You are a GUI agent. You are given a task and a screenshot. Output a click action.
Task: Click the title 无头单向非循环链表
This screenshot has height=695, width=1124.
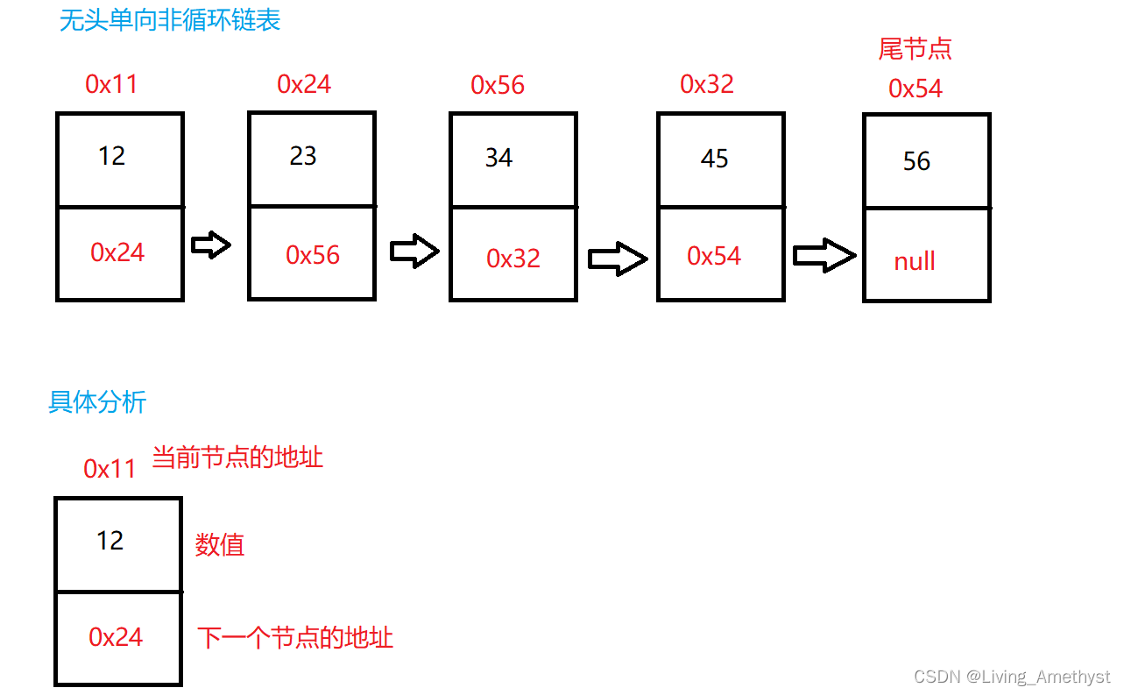tap(170, 20)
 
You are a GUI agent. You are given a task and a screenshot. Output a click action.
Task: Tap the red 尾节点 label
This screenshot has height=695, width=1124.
tap(915, 49)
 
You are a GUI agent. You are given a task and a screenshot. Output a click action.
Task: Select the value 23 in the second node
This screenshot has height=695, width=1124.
tap(303, 156)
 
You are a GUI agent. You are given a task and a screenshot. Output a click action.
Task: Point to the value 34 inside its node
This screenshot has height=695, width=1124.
tap(498, 158)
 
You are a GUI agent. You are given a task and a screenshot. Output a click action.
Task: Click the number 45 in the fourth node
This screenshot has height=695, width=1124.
tap(714, 159)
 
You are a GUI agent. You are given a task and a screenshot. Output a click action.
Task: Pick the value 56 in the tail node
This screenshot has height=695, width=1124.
tap(916, 161)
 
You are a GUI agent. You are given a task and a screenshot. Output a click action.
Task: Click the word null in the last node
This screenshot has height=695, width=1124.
tap(915, 261)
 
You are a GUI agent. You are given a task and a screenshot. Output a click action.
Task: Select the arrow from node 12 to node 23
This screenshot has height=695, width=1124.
tap(211, 246)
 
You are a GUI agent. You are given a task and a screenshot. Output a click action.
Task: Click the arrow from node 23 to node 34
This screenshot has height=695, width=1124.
tap(414, 252)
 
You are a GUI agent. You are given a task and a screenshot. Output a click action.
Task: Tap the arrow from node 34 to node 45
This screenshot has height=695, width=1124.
tap(618, 259)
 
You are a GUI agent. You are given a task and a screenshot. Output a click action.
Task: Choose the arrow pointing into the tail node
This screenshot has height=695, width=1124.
tap(824, 256)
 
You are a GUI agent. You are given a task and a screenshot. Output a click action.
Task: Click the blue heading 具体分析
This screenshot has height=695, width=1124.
tap(97, 402)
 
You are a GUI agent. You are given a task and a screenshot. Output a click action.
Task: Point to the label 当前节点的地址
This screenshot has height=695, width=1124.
tap(237, 457)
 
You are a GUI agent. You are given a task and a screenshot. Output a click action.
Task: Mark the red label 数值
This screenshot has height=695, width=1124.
tap(219, 545)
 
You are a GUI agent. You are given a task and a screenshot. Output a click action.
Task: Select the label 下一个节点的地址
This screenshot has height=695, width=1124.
tap(295, 637)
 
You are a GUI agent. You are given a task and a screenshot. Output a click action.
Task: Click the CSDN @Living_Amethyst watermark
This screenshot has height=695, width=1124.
tap(1012, 677)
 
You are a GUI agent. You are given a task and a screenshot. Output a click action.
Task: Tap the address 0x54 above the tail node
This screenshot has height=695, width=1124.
tap(915, 89)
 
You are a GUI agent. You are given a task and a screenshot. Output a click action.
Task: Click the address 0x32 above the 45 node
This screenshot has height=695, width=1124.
tap(707, 84)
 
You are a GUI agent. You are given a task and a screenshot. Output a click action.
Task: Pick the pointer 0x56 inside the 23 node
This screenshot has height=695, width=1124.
tap(313, 255)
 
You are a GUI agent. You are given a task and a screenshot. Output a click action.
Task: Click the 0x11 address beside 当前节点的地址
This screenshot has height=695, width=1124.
tap(110, 469)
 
